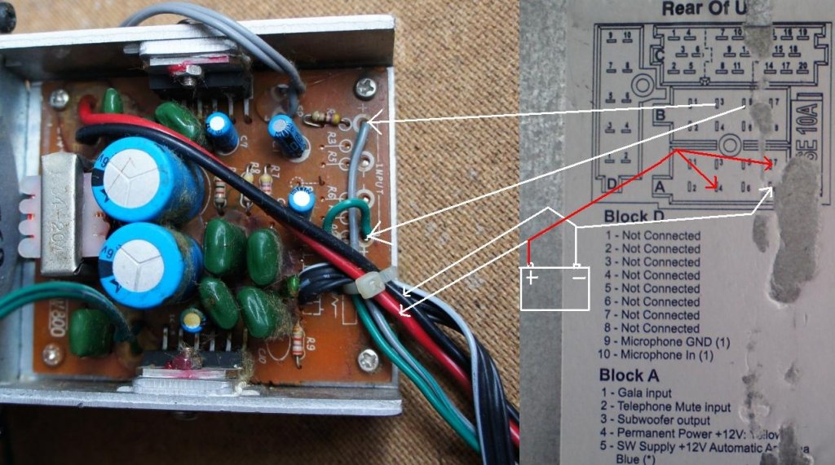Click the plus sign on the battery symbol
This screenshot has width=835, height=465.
tap(532, 278)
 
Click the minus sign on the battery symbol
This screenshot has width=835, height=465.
tap(577, 278)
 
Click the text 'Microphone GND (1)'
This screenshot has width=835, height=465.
tap(674, 340)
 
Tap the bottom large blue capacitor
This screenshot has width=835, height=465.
tap(146, 263)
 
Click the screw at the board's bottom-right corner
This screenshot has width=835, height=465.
tap(368, 356)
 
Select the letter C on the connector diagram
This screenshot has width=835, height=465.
tap(659, 55)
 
